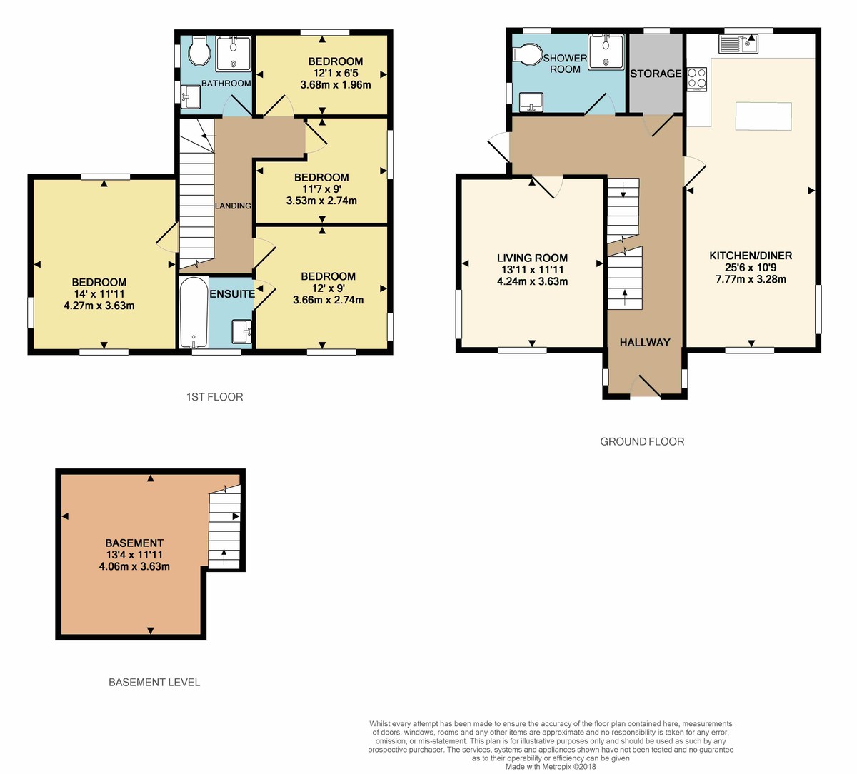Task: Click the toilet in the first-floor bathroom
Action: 198,50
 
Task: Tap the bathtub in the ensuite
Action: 194,312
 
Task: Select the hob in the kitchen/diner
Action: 697,79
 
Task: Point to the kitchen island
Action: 763,116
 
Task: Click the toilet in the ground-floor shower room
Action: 529,54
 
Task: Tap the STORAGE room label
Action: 656,74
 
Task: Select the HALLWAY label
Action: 645,342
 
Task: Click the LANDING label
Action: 234,206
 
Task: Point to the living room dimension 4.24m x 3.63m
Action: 533,281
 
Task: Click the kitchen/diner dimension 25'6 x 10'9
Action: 751,268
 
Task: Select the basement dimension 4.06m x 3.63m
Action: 134,567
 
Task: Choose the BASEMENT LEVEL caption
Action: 154,682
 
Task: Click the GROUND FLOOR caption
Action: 642,441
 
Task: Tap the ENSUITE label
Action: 232,293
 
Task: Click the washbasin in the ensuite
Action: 241,332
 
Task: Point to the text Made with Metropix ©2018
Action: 550,767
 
